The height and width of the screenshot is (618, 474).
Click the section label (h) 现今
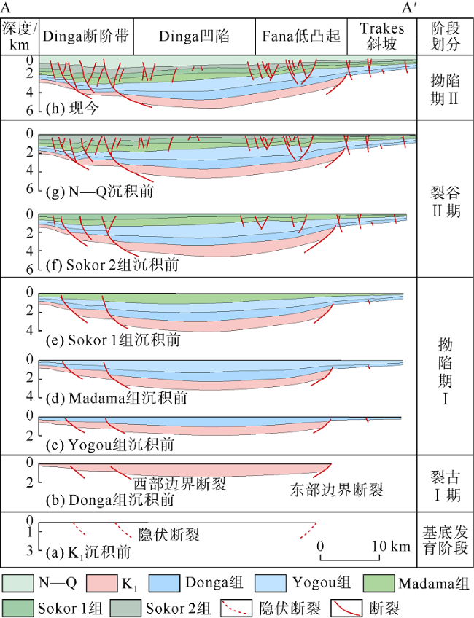pos(73,109)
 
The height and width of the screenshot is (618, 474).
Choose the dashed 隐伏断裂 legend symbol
pos(241,606)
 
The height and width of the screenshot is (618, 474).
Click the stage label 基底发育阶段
pos(444,538)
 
